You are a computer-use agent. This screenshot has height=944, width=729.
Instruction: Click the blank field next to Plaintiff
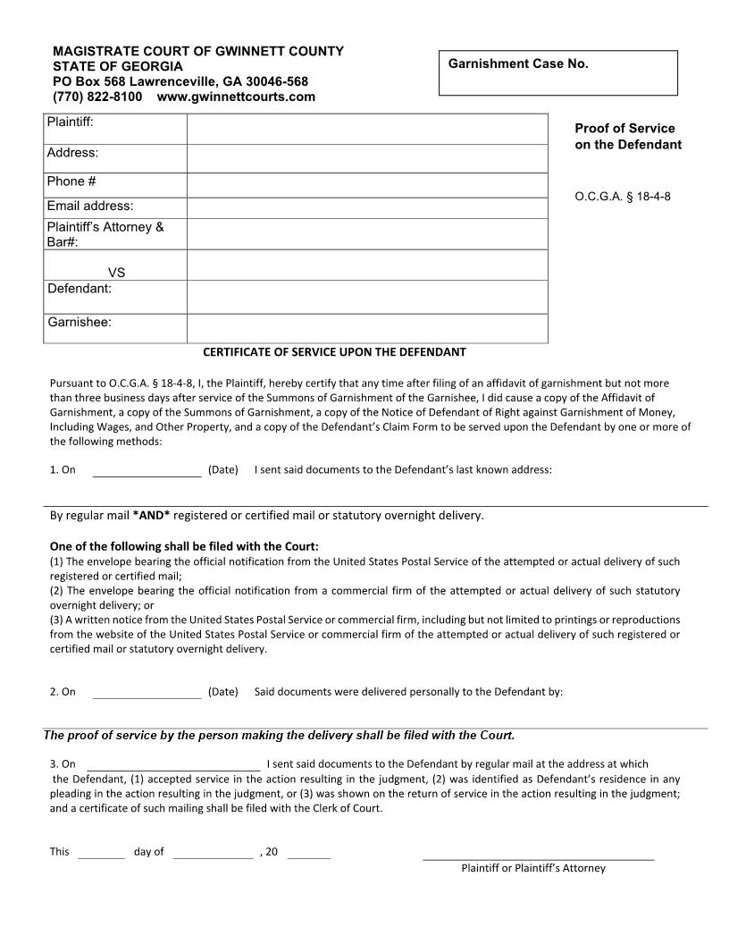click(x=366, y=129)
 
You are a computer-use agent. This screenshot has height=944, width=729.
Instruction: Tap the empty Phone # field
click(x=366, y=184)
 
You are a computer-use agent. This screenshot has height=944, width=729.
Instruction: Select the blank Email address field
click(x=366, y=207)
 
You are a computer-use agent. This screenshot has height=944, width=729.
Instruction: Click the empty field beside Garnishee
click(x=366, y=327)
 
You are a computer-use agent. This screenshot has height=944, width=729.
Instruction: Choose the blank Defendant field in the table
click(x=366, y=296)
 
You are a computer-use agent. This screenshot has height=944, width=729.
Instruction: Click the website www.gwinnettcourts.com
click(x=236, y=97)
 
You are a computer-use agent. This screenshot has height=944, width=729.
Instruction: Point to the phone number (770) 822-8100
click(x=97, y=97)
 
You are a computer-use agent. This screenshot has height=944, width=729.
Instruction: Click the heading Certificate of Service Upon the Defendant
click(x=334, y=352)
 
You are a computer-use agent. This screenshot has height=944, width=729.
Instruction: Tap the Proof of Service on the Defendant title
click(x=625, y=136)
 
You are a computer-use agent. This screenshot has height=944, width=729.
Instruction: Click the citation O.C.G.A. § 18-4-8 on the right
click(x=622, y=197)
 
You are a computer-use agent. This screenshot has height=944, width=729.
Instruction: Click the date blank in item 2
click(x=147, y=693)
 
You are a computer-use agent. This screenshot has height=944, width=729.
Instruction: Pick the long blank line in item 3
click(x=173, y=765)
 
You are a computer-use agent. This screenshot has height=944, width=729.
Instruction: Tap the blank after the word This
click(x=101, y=853)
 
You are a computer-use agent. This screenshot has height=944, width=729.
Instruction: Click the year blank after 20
click(x=309, y=853)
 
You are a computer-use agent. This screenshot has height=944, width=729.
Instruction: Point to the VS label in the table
click(x=116, y=273)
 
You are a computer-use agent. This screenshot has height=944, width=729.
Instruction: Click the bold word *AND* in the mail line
click(x=151, y=516)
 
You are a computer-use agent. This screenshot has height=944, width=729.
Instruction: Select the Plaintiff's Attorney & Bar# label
click(x=105, y=234)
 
